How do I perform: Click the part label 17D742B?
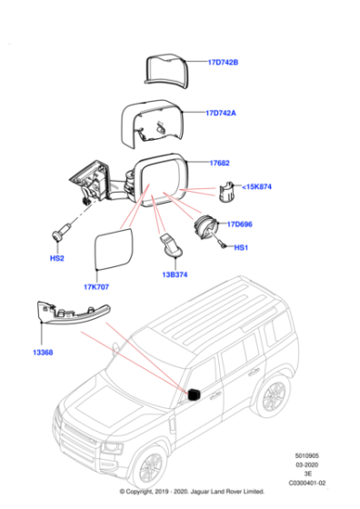[222, 63]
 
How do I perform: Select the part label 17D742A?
[222, 114]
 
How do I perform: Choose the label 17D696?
[240, 224]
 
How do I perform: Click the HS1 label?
[242, 247]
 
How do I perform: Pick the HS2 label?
[56, 259]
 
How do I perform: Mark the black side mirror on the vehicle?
[193, 394]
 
